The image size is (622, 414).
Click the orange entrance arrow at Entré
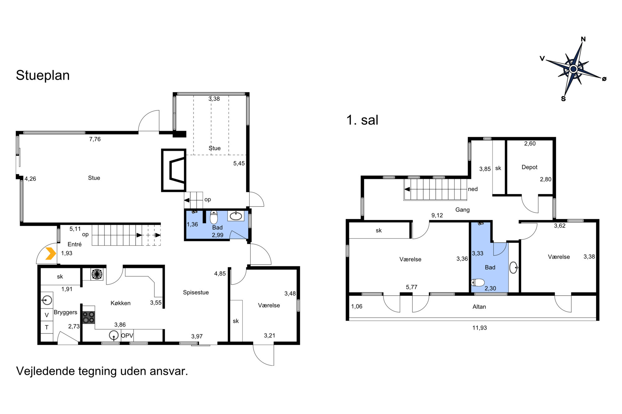pos(51,253)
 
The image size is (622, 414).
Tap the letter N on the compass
pos(583,39)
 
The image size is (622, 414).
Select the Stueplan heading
pos(43,75)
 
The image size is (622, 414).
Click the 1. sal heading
pos(362,120)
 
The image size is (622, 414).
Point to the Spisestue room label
pos(196,292)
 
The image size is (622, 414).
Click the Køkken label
pos(120,303)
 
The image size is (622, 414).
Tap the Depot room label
pos(529,167)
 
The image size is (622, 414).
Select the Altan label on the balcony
pos(479,307)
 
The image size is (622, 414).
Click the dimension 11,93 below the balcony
pos(479,328)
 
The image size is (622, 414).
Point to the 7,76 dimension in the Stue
pos(95,139)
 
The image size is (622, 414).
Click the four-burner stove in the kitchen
pos(89,317)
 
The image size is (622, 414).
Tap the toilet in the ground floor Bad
pos(214,217)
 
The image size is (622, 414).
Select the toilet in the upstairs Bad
pos(478,283)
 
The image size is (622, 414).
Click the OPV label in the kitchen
pos(127,335)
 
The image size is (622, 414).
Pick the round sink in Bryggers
pos(47,300)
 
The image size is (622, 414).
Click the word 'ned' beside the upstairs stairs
pos(473,189)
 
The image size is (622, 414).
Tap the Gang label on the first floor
pos(462,210)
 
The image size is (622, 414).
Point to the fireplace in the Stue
pos(174,170)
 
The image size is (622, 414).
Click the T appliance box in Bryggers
pos(47,327)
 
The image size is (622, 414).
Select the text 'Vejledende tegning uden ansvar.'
pos(102,371)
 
